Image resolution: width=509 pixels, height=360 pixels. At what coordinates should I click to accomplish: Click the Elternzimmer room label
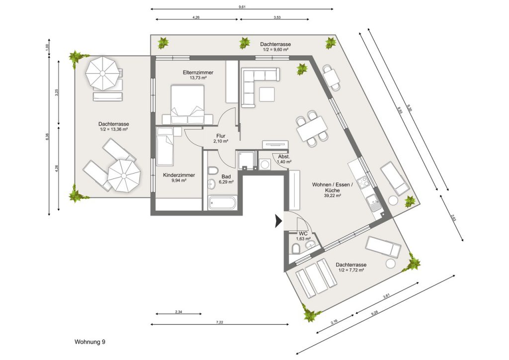click(x=198, y=73)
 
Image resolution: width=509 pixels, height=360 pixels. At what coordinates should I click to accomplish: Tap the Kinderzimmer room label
click(x=179, y=176)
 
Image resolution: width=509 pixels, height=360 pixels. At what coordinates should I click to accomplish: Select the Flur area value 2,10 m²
click(x=221, y=141)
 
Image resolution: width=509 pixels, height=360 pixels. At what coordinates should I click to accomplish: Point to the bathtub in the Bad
click(x=223, y=202)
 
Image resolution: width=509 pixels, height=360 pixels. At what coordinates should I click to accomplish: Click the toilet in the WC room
click(x=296, y=249)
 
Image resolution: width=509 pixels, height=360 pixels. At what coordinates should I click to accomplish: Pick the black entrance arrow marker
click(x=278, y=221)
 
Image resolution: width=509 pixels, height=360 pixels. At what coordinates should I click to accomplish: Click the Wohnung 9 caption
click(x=90, y=342)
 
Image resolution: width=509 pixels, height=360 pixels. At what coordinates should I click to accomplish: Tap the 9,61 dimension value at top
click(x=242, y=7)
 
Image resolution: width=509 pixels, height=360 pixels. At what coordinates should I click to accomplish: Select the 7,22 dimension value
click(x=220, y=322)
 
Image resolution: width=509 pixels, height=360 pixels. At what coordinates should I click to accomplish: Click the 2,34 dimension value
click(x=178, y=312)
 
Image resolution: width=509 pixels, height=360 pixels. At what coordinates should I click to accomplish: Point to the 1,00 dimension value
click(x=47, y=47)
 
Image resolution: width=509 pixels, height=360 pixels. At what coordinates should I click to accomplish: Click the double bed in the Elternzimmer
click(x=187, y=104)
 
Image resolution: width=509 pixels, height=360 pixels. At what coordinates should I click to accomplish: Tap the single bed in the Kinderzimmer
click(x=165, y=146)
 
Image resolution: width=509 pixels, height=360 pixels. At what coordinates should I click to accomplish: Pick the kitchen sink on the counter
click(x=374, y=203)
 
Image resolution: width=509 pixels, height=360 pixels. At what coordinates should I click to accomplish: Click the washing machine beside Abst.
click(x=265, y=164)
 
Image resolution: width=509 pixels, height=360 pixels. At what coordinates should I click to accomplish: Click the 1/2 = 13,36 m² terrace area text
click(x=114, y=129)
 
